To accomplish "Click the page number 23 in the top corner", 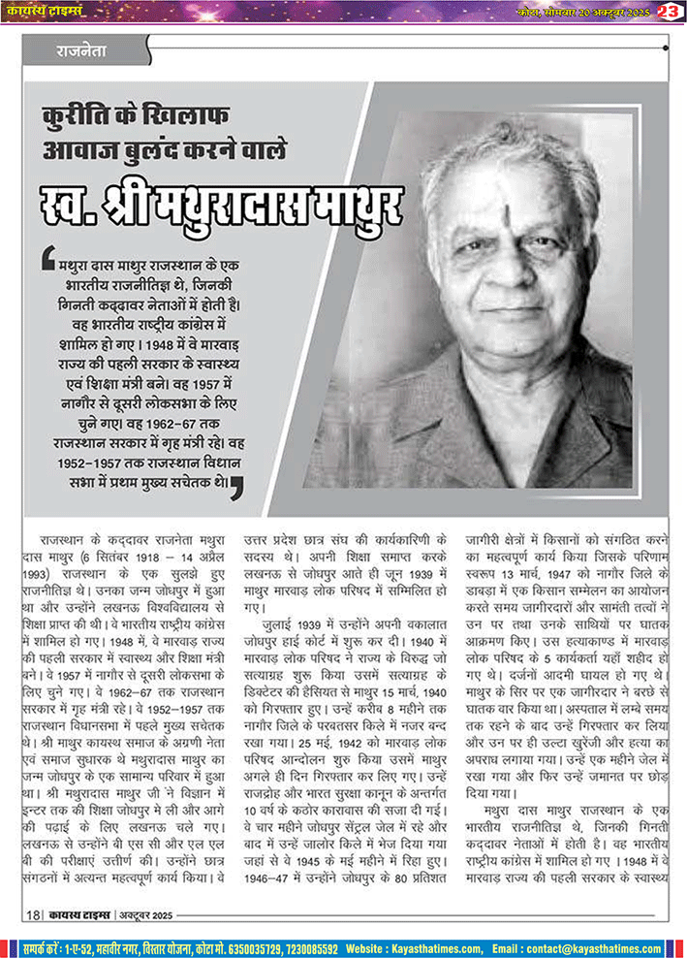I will [x=669, y=11].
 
